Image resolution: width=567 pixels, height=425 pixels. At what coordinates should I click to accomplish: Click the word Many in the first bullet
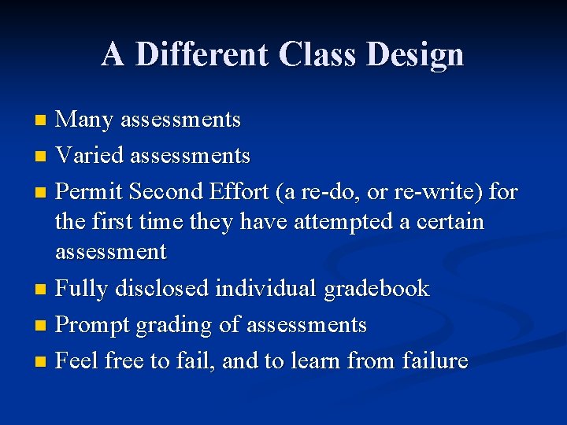[83, 120]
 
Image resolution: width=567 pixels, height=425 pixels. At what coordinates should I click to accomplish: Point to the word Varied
[91, 156]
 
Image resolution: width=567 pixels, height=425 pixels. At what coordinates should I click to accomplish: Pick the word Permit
[90, 192]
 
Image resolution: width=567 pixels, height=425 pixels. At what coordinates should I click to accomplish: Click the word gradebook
[377, 289]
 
